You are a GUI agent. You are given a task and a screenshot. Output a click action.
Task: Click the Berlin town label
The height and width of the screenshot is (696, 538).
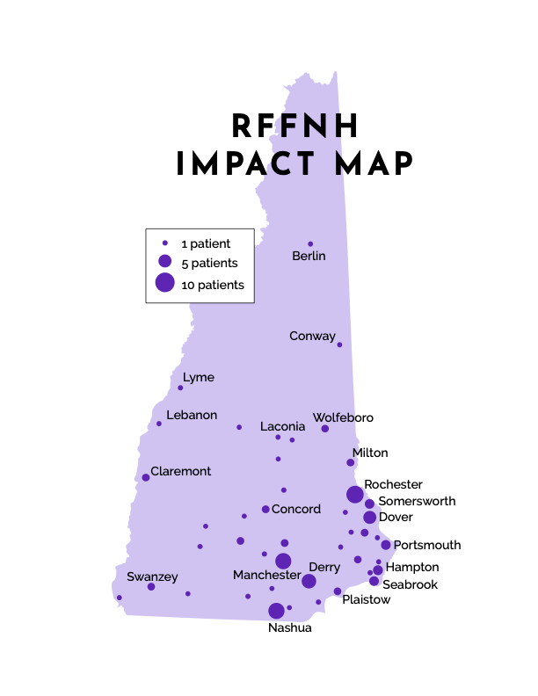click(x=309, y=257)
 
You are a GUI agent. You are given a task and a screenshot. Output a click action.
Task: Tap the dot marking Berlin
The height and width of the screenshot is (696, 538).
click(x=310, y=244)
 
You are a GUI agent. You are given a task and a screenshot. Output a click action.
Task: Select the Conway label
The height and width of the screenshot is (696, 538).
click(x=312, y=337)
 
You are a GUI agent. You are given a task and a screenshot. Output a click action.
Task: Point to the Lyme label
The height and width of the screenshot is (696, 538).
click(x=198, y=378)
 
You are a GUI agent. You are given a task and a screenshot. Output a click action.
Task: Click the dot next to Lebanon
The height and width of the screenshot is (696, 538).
click(x=159, y=424)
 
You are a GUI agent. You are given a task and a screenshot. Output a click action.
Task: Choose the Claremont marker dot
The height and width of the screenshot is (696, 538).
click(x=146, y=477)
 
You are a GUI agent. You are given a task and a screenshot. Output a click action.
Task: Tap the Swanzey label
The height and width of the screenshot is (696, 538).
click(x=152, y=577)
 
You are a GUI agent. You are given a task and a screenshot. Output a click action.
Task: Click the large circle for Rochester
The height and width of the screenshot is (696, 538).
click(x=354, y=494)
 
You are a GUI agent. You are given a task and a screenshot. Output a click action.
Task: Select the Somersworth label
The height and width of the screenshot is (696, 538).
click(x=417, y=501)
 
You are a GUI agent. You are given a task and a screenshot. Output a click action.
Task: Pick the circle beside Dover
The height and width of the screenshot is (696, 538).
click(x=369, y=518)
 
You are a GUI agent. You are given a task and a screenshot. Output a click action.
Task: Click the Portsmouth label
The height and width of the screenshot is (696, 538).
click(x=426, y=545)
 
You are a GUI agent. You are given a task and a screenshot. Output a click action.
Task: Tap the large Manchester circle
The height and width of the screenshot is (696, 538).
click(x=283, y=561)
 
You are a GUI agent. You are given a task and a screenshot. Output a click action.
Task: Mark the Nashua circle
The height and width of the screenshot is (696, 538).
click(x=276, y=611)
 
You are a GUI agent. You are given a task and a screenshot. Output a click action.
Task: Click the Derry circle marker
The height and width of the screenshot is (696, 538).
click(x=309, y=581)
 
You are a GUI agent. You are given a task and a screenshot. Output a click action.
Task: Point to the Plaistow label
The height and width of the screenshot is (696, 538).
click(x=366, y=599)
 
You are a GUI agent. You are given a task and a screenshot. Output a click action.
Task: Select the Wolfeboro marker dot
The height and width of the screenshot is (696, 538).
click(x=325, y=429)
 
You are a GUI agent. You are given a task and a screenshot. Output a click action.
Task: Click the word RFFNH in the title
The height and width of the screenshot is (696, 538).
click(x=295, y=127)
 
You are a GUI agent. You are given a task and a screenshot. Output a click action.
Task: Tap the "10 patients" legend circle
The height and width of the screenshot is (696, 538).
click(x=165, y=282)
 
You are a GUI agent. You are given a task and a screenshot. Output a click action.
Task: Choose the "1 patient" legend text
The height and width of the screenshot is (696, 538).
click(x=206, y=243)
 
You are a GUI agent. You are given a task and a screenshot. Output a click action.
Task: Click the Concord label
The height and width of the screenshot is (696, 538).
click(x=296, y=509)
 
